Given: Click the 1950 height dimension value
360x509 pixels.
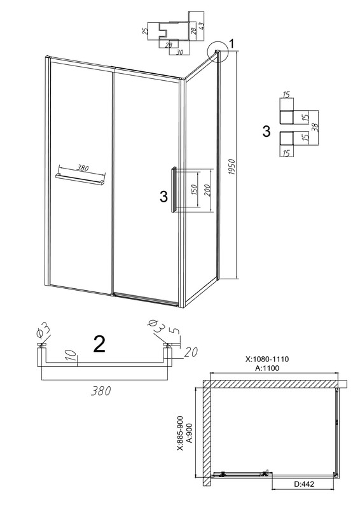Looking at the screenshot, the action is pos(232,169).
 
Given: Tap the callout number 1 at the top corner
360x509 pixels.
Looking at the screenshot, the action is pos(231,43).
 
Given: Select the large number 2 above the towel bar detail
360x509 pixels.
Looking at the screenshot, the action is pos(99,344).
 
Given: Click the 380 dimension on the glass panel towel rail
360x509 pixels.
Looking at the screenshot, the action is pos(83,168).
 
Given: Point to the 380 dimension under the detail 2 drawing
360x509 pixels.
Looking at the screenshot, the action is pos(100,391).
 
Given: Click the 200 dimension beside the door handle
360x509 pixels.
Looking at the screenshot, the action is pos(207,190).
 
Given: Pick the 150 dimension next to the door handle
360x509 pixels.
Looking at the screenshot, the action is pos(193,190).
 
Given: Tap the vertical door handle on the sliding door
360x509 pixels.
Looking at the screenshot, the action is pos(174,190).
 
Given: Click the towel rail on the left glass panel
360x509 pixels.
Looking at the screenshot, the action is pos(81,179).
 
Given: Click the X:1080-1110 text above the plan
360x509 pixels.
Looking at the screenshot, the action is pos(268,359).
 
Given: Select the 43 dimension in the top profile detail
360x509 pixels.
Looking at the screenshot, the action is pos(202,26).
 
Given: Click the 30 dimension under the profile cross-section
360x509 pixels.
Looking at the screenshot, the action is pos(179,52).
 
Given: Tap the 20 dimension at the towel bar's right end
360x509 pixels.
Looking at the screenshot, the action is pos(191,352).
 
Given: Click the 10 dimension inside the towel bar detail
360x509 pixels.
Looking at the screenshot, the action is pos(73,356).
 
